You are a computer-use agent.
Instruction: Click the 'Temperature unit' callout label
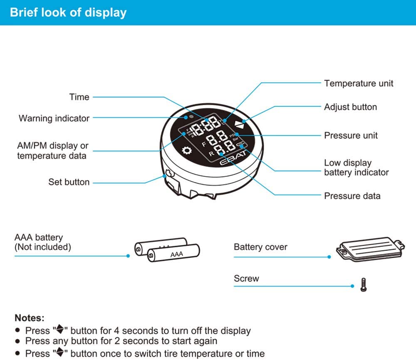(359, 83)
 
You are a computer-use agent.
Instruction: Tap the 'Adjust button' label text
(350, 107)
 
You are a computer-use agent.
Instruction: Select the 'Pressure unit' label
(351, 135)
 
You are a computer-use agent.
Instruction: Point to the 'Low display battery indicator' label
(356, 168)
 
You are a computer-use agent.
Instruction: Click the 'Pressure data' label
(352, 196)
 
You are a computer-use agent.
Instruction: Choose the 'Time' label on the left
(79, 97)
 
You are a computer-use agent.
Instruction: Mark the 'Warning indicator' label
(54, 118)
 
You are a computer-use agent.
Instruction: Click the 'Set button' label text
(69, 182)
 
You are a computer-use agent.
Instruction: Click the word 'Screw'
(246, 279)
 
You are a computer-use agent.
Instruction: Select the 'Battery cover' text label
(260, 247)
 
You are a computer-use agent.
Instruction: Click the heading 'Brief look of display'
(68, 12)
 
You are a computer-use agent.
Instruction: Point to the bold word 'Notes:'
(30, 318)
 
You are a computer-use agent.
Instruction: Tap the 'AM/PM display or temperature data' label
(53, 151)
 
